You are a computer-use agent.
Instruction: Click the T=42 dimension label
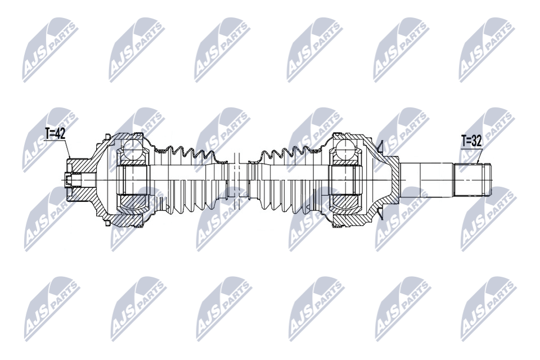(55, 134)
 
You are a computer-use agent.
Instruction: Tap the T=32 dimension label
(471, 141)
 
